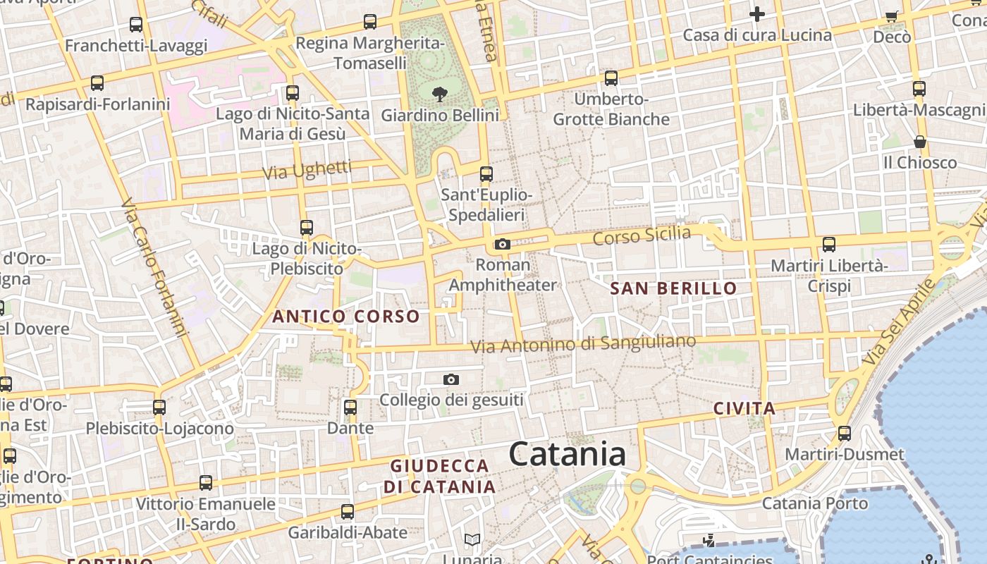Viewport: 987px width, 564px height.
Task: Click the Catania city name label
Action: point(567,453)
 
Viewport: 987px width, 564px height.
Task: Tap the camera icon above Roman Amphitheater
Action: point(502,245)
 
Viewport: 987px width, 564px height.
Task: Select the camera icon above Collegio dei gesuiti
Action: point(451,380)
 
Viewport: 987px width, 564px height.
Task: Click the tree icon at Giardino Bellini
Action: point(440,94)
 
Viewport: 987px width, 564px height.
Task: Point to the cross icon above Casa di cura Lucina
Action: point(757,14)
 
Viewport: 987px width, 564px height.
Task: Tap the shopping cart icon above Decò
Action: point(892,16)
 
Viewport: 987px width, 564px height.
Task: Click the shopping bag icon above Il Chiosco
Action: point(920,142)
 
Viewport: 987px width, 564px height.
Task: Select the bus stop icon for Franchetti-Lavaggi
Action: point(136,25)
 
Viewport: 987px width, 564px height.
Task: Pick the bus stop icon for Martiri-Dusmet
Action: point(845,433)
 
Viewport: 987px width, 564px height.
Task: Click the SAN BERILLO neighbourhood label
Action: point(673,288)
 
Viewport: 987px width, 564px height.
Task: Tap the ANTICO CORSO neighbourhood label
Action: point(346,317)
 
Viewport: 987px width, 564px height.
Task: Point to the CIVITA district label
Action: point(744,408)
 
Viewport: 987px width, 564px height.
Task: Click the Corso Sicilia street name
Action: point(642,235)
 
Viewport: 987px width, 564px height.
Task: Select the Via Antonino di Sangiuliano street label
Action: point(583,344)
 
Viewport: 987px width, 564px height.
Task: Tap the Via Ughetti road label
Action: point(307,170)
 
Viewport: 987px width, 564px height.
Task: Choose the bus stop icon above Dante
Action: point(350,407)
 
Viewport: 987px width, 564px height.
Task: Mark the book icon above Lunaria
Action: point(472,540)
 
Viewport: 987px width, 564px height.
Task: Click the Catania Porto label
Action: point(815,503)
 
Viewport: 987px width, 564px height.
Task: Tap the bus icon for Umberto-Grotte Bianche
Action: point(611,78)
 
